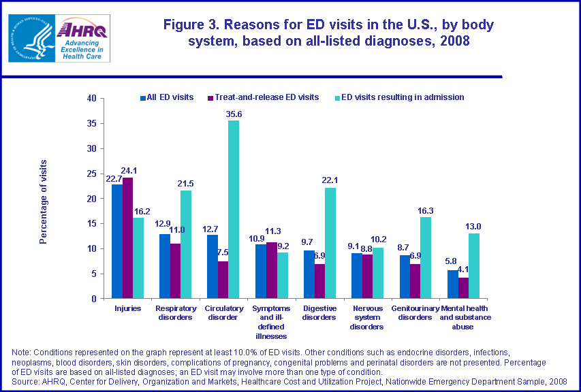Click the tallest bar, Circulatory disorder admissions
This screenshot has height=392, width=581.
pos(234,209)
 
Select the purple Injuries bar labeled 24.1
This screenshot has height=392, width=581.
pos(127,238)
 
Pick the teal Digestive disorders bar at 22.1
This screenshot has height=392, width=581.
pos(330,243)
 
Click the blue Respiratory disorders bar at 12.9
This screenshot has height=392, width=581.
pos(164,266)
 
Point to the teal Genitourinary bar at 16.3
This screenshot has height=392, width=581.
pos(426,257)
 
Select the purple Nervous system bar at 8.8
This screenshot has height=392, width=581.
pos(367,276)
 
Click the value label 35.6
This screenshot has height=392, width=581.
pos(234,114)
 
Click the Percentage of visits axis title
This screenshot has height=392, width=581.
pos(44,201)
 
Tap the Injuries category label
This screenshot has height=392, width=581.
pos(127,308)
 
